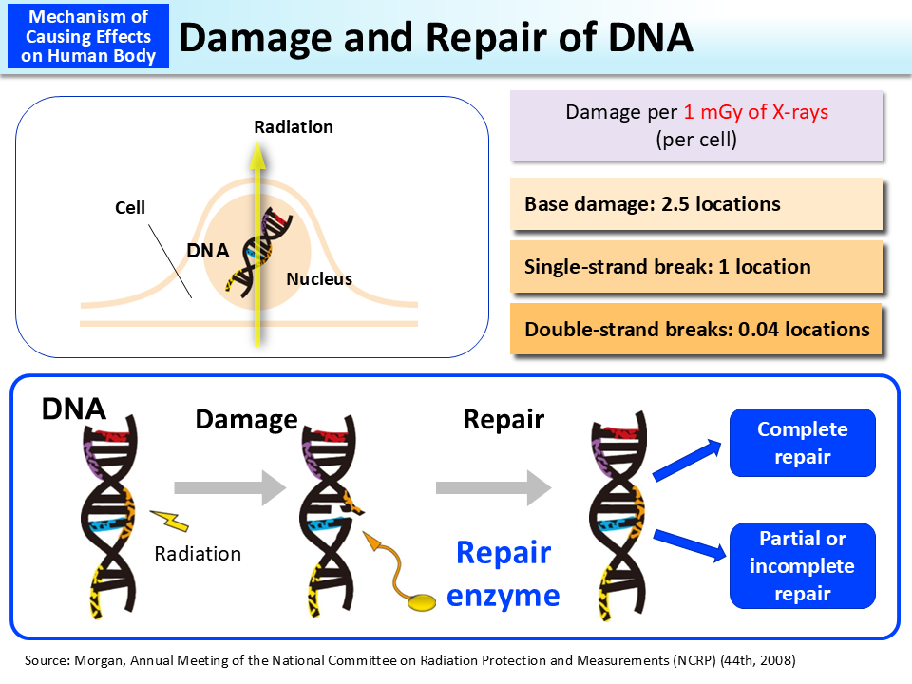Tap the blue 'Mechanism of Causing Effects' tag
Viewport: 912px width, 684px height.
(86, 36)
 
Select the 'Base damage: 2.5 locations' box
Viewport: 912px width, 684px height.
(695, 204)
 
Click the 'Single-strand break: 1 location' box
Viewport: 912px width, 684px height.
(695, 267)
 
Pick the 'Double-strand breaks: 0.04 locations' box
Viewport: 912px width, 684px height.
(695, 330)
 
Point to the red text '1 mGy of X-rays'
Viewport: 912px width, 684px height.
(755, 112)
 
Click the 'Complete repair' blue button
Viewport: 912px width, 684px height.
(802, 443)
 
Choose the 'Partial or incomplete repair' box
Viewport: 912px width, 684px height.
(802, 565)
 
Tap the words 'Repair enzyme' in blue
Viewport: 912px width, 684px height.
(503, 574)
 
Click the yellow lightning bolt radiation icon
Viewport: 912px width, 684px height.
(171, 520)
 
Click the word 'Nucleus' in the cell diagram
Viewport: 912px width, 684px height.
(319, 279)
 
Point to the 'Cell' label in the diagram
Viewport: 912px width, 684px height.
(130, 206)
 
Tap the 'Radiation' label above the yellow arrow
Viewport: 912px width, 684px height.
(294, 126)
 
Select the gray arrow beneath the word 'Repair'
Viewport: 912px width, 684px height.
(493, 488)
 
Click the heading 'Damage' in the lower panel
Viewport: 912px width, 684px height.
(246, 419)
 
